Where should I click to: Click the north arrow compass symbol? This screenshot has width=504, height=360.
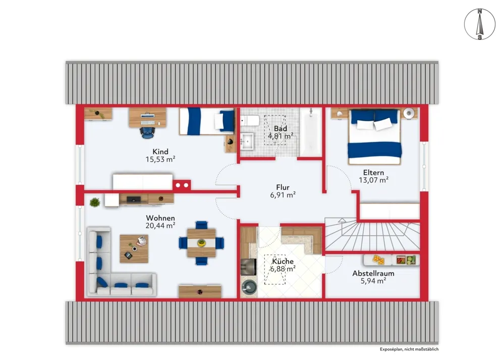480,24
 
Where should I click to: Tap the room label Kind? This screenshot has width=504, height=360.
160,151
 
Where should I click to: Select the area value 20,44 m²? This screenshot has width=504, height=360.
160,226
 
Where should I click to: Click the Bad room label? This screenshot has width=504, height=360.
281,128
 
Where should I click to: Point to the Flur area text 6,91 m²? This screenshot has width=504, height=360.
283,194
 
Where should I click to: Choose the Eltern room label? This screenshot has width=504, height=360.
373,173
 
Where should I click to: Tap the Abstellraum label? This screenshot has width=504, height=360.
373,274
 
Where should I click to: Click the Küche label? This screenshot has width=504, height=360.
283,261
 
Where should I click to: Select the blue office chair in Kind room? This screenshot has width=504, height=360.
147,132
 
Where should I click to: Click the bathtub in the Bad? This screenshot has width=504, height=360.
310,132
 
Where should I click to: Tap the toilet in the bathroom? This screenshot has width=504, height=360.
250,121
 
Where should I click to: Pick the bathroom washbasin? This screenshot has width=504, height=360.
248,141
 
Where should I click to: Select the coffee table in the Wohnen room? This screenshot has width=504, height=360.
134,249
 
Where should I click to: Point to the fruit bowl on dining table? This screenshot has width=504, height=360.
201,242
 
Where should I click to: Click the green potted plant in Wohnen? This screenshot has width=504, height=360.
95,202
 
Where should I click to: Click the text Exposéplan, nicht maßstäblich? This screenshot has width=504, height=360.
409,349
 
